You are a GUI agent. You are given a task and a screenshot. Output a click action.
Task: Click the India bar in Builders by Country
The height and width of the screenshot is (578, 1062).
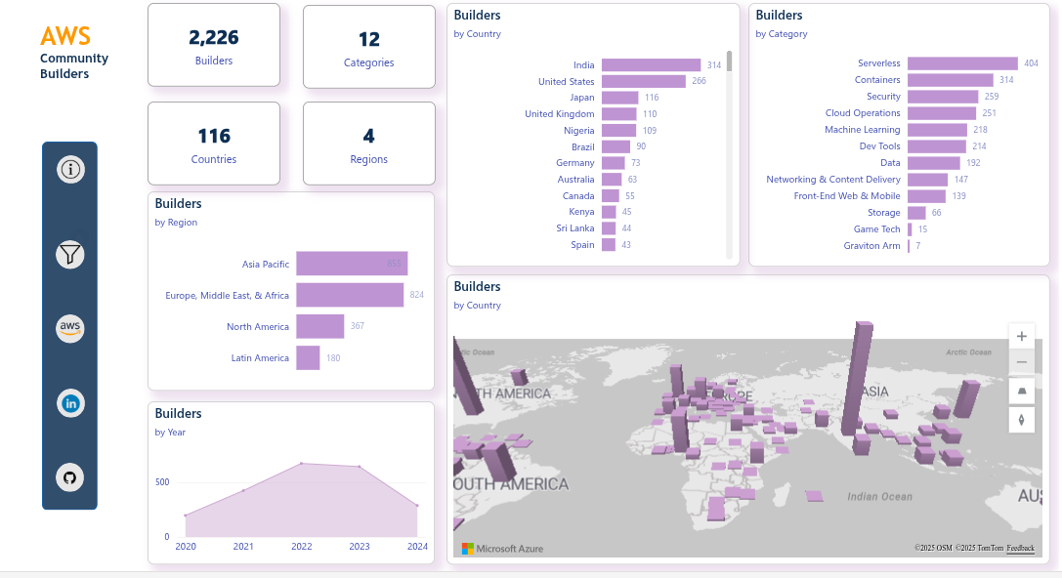point(651,65)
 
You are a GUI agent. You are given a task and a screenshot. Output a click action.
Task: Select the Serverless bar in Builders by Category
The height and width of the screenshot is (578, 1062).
point(962,63)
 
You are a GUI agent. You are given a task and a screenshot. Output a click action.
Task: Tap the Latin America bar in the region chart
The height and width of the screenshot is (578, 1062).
point(308,358)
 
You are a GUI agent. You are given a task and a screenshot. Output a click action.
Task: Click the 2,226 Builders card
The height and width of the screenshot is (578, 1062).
point(214,46)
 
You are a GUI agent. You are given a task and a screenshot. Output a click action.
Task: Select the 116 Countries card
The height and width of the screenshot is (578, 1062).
point(214,144)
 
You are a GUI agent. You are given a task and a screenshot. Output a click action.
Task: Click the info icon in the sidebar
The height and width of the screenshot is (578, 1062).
point(70,170)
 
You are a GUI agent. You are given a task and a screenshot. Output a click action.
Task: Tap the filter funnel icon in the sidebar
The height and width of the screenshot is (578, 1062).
point(70,256)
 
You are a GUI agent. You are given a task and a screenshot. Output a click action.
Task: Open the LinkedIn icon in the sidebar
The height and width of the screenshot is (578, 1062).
point(70,402)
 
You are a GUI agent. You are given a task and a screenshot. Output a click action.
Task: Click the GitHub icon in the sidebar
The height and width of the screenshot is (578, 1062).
point(69,477)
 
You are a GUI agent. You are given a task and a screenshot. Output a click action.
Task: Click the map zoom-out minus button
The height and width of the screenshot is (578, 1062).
point(1022,362)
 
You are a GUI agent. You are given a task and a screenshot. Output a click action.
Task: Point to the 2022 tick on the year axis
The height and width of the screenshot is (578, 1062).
point(302,547)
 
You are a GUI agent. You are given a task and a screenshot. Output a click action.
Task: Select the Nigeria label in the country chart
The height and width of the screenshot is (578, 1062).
point(578,130)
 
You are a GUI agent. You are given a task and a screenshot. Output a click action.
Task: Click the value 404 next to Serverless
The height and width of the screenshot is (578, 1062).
point(1031,63)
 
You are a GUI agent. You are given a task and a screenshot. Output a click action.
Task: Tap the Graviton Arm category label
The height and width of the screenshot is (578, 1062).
point(871,246)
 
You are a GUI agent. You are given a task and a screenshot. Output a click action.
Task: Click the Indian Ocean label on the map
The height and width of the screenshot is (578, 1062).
point(879,497)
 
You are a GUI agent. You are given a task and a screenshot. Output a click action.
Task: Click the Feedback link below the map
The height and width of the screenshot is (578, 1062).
point(1020,548)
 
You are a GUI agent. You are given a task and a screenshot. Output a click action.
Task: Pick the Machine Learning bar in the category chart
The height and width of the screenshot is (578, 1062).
point(937,130)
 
